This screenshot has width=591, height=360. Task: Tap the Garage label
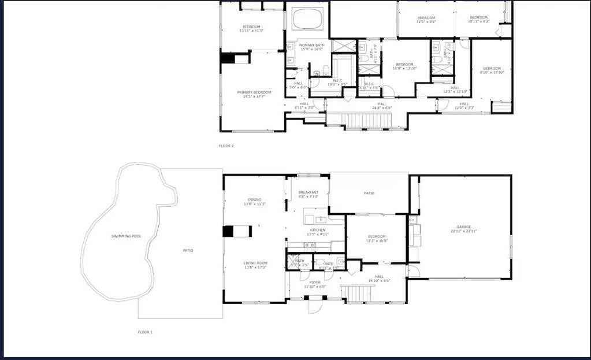[463, 227]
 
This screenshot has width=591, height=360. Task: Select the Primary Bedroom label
[254, 92]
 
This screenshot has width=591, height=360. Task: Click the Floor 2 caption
[226, 146]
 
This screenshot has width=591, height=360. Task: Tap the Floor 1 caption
[145, 332]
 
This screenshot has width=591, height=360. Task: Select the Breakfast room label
[308, 192]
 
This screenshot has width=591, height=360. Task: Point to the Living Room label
[255, 263]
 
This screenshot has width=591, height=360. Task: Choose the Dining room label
[254, 200]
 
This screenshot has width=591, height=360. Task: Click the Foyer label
[314, 283]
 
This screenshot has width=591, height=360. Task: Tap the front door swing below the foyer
[314, 305]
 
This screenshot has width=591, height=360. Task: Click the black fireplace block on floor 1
[229, 231]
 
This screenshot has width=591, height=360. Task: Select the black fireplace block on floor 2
[226, 58]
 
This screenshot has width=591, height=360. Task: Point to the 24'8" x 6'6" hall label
[381, 104]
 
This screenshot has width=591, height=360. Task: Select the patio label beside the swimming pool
[188, 250]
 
